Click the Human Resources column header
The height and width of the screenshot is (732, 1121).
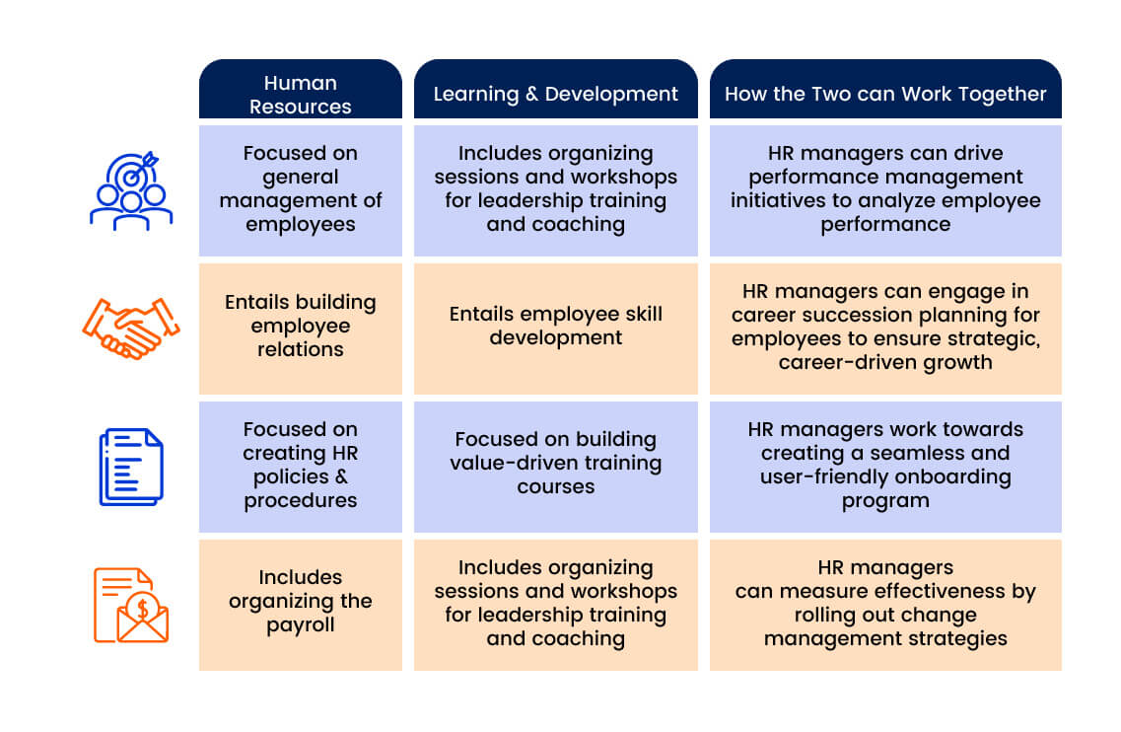[x=301, y=89]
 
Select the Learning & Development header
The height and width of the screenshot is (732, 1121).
[x=555, y=89]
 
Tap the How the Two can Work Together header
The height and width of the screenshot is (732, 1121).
[x=885, y=89]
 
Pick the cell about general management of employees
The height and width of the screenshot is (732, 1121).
[x=301, y=190]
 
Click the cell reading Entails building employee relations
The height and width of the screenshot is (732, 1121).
[x=301, y=329]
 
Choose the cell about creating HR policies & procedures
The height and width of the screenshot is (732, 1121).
[x=301, y=467]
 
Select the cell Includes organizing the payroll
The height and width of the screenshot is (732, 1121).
[x=301, y=605]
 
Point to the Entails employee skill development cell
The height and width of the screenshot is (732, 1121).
[x=555, y=329]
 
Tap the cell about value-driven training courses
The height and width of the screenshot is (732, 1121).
[x=555, y=467]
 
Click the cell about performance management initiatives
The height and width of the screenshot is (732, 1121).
[x=885, y=190]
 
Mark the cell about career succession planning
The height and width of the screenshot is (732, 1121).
[x=885, y=329]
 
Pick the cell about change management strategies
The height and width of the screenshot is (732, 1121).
[x=885, y=605]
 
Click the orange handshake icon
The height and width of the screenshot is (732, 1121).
[x=131, y=329]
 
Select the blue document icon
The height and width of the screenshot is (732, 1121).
[x=131, y=467]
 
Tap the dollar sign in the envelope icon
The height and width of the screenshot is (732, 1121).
[x=143, y=609]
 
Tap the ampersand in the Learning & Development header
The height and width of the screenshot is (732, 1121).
[x=531, y=94]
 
